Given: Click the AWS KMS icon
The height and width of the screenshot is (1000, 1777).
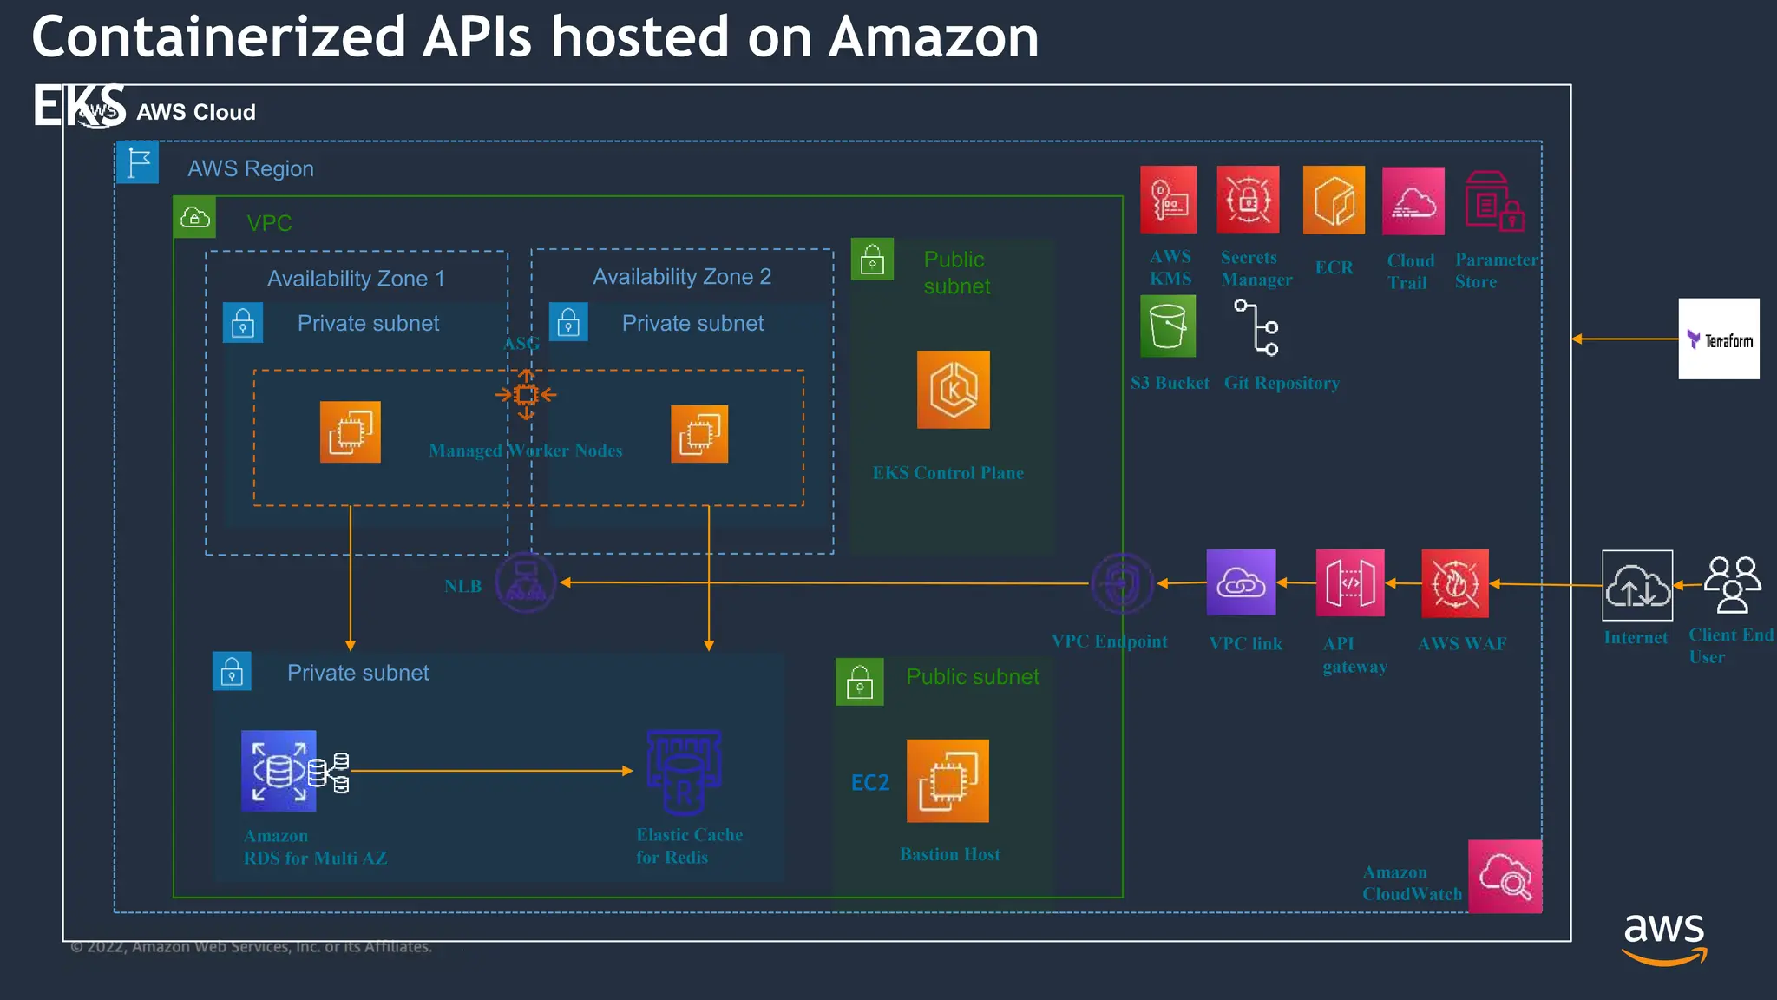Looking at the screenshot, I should coord(1168,200).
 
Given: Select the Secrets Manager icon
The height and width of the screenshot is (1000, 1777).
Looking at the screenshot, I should coord(1248,200).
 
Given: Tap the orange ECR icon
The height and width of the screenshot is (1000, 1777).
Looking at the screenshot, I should coord(1334,200).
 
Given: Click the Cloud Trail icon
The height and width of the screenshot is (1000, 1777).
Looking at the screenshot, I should coord(1413,201).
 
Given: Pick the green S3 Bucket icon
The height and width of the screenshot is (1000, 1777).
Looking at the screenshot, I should coord(1168,326).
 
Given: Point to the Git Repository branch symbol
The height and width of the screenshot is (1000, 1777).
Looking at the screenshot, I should coord(1257,327).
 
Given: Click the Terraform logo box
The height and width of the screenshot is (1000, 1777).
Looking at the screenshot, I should coord(1718,339).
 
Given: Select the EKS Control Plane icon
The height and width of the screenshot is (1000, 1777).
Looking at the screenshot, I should coord(953,390).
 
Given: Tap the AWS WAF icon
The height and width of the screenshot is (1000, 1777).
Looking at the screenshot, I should coord(1455,583).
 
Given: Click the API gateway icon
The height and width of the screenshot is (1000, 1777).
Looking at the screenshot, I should coord(1349,583).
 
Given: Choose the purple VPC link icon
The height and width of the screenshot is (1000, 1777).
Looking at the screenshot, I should coord(1241,582).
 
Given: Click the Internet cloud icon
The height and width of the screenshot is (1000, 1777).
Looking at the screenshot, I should coord(1636,586).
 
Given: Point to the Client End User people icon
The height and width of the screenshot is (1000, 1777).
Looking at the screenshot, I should coord(1732,584).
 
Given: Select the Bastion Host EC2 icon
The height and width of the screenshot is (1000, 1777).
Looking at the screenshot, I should coord(948,780).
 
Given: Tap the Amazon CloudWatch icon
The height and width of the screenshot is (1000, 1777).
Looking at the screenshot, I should coord(1505,876).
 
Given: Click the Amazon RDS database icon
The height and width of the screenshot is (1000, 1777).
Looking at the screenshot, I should coord(279,771).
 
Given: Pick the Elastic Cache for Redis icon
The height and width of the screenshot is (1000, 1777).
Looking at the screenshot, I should coord(684,772).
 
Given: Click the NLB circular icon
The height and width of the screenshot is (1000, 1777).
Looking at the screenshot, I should coord(525,582).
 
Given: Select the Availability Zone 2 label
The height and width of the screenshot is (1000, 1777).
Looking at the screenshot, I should coord(681,277).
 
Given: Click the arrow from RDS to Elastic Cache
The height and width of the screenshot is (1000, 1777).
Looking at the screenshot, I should coord(490,770).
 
